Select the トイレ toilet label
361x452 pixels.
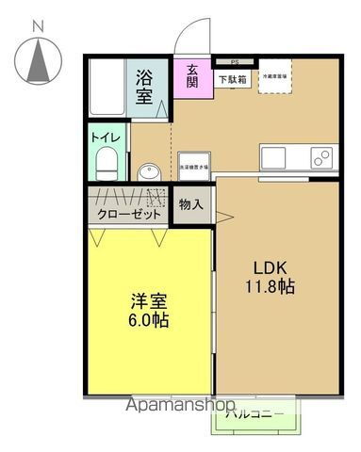pos(105,137)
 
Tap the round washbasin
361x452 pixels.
pos(148,171)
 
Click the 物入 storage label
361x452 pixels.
pos(191,204)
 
